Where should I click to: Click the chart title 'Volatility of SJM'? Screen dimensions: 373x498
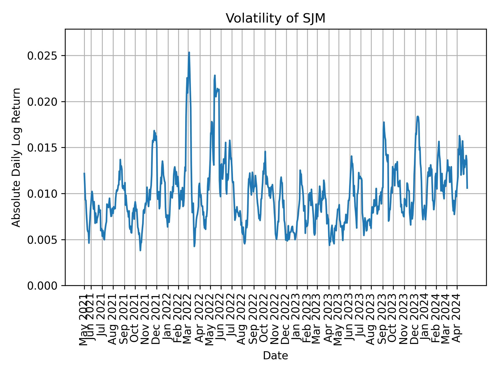click(275, 19)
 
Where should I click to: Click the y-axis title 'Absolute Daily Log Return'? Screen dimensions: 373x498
click(17, 157)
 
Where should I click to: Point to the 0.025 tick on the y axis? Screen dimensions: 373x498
click(43, 56)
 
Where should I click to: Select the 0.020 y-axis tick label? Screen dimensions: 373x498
click(43, 102)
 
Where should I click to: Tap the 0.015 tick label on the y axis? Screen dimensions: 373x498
click(43, 148)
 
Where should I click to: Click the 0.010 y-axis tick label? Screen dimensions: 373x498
click(43, 194)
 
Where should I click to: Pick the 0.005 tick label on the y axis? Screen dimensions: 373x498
click(43, 240)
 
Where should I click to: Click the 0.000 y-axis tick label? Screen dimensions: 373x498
click(43, 286)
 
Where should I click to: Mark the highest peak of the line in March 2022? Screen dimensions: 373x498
click(189, 52)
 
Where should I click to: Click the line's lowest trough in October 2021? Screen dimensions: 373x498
click(140, 250)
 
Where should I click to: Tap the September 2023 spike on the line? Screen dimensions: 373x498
click(384, 122)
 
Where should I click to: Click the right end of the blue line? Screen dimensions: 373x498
click(467, 188)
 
